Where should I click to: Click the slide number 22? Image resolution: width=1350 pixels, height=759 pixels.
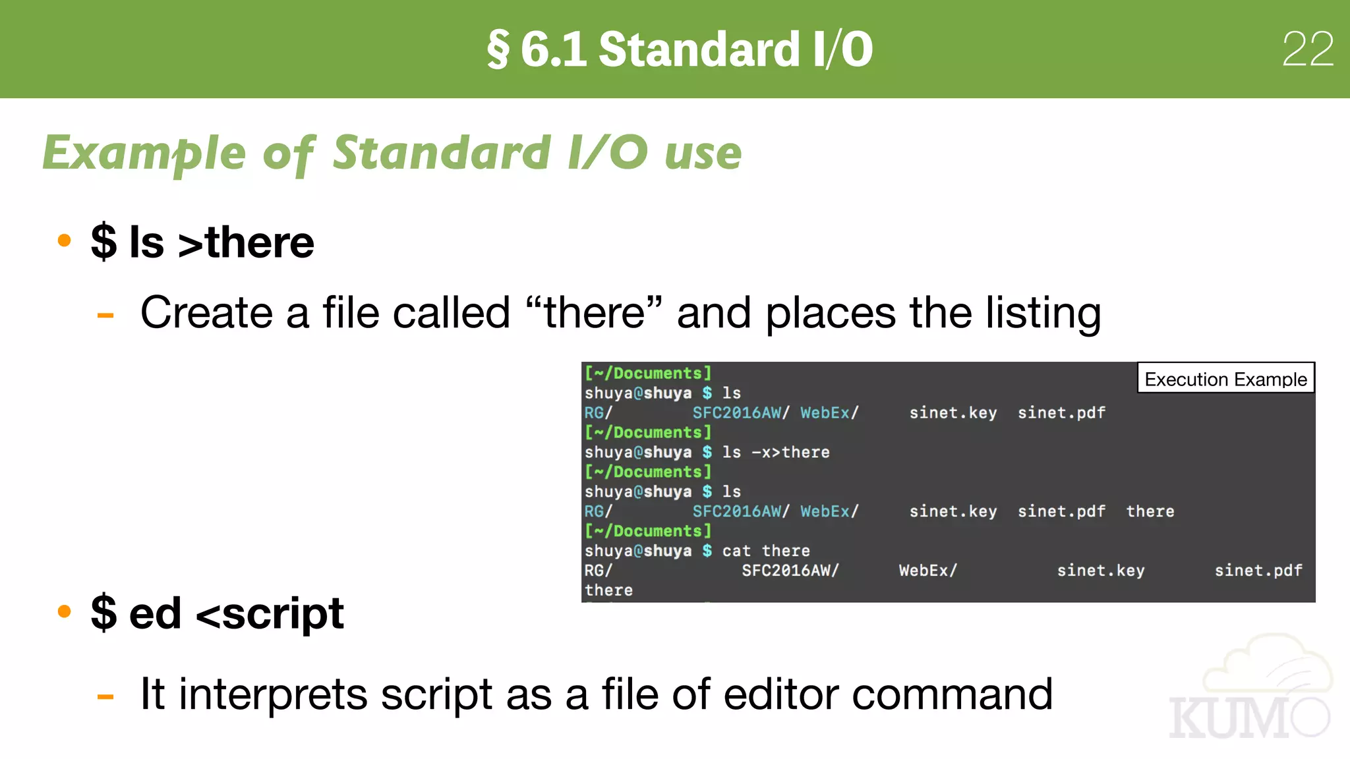(1308, 49)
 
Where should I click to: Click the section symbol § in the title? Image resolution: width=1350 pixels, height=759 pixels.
(498, 50)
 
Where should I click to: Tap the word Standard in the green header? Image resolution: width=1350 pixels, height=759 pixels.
(699, 49)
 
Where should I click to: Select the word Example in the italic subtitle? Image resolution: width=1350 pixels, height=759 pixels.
(144, 153)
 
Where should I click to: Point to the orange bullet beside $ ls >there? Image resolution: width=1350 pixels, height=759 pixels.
(64, 240)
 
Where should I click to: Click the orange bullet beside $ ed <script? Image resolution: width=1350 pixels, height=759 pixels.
(64, 611)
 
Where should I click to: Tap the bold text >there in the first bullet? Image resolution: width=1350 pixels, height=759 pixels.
(246, 242)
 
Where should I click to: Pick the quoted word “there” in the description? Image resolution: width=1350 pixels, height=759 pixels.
(594, 312)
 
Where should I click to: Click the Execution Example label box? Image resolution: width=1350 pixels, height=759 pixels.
(1225, 379)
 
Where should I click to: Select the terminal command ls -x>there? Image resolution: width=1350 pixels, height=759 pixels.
(776, 453)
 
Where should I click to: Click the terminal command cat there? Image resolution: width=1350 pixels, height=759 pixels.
(766, 551)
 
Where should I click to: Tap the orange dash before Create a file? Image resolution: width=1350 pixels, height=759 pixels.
(105, 316)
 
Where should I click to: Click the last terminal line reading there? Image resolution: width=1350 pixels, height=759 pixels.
(608, 590)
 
